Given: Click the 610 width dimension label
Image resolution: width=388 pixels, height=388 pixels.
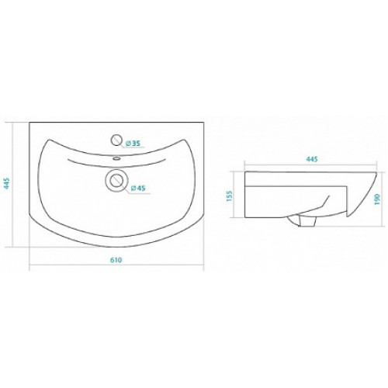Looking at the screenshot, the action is (x=116, y=260).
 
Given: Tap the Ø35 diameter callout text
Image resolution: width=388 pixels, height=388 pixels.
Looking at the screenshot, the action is (x=133, y=143).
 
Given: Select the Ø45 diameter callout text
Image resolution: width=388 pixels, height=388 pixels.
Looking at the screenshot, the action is (x=137, y=188).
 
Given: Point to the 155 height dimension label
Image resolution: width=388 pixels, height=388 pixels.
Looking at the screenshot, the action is (x=230, y=196).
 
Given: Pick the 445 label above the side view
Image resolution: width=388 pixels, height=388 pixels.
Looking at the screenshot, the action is (x=312, y=159).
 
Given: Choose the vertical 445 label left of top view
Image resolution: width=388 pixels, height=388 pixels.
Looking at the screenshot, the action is (x=7, y=183).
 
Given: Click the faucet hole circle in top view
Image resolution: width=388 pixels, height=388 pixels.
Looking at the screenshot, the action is (x=116, y=140).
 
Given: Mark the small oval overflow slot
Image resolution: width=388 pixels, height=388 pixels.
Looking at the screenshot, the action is (x=116, y=158).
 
